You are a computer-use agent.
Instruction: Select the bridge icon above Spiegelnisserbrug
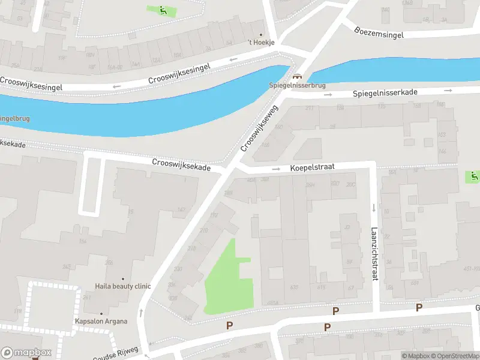coord(296,77)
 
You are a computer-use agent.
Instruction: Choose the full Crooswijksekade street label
coord(181,165)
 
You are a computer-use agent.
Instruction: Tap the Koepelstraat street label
coord(312,167)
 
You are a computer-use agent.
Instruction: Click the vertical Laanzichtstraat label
coord(374,245)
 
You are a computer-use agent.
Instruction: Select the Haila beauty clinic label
coord(123,286)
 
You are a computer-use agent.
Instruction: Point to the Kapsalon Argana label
coord(101,321)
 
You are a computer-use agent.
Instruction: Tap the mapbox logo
coord(26,353)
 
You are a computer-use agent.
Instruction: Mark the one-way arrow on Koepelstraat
coord(276,169)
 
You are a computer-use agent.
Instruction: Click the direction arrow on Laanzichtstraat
coord(374,208)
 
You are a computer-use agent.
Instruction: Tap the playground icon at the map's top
coord(163,10)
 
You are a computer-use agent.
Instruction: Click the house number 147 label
coord(181,209)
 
